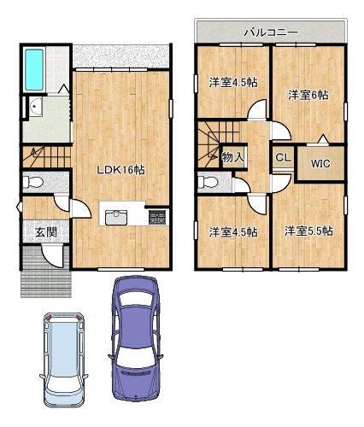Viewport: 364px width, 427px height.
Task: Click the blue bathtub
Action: pos(34,70)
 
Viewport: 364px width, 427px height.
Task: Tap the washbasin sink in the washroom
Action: pos(36,107)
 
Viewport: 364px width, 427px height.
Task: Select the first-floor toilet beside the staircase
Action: pos(32,182)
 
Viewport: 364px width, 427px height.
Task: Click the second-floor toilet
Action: pos(208,181)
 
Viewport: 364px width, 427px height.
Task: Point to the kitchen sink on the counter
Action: pos(116,218)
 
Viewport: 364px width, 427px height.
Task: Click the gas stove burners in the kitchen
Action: pos(157,217)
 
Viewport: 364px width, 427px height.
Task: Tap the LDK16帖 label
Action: pos(121,170)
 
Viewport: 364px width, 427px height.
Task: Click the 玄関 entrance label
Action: pos(46,232)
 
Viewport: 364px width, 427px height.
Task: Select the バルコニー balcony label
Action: pos(271,32)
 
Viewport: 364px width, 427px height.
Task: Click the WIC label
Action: pos(320,163)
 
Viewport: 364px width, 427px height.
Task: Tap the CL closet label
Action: pos(283,157)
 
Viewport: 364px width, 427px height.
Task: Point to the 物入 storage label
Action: pos(233,157)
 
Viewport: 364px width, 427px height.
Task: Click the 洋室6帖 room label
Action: pos(308,95)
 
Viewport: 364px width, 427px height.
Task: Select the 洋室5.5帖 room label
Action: pos(308,231)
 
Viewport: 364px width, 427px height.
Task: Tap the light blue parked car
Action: pos(64,360)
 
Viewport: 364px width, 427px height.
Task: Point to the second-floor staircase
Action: pos(219,144)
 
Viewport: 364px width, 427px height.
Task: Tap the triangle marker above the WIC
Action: pos(323,139)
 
